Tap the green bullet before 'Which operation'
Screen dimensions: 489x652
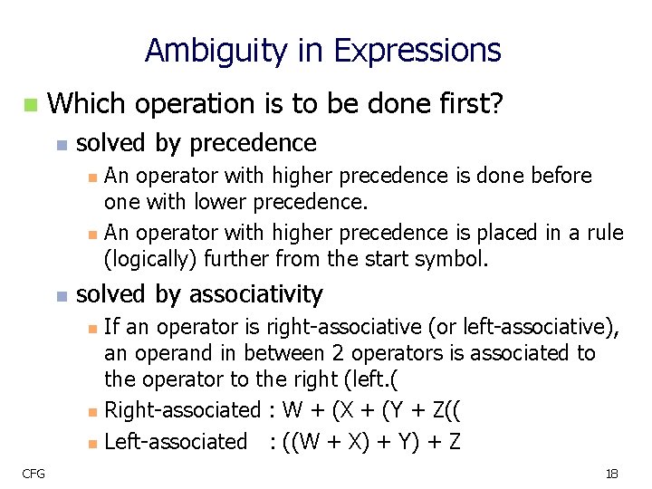(31, 106)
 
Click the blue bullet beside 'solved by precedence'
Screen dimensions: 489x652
(61, 145)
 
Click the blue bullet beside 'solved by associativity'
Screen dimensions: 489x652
(61, 296)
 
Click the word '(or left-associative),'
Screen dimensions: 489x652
(526, 326)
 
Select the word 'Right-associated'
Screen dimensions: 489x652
(182, 410)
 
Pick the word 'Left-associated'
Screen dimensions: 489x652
(176, 442)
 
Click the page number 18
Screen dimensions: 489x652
(611, 474)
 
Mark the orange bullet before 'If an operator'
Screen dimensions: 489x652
(92, 328)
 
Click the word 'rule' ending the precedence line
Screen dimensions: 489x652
(606, 233)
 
